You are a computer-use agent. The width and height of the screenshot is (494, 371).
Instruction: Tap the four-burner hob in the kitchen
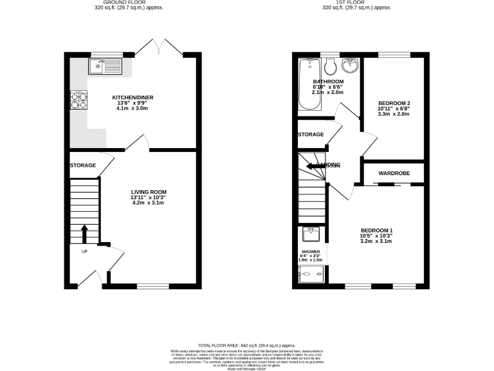coord(80,100)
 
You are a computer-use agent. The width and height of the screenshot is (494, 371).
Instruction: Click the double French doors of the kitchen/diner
coord(160,48)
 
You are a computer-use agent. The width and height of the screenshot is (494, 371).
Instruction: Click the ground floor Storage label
coord(83,166)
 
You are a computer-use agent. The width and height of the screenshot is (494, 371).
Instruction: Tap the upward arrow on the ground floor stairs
coord(84,233)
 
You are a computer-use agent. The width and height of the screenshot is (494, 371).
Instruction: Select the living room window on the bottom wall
coord(152,285)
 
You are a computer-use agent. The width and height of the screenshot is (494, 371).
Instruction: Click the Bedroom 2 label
coord(394,107)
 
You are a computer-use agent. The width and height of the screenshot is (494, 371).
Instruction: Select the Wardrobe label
coord(394,173)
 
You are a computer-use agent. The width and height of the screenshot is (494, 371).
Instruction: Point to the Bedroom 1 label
coord(376,234)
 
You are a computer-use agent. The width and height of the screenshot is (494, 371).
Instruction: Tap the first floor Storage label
coord(311,135)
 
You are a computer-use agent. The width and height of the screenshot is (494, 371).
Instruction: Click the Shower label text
coord(311,252)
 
